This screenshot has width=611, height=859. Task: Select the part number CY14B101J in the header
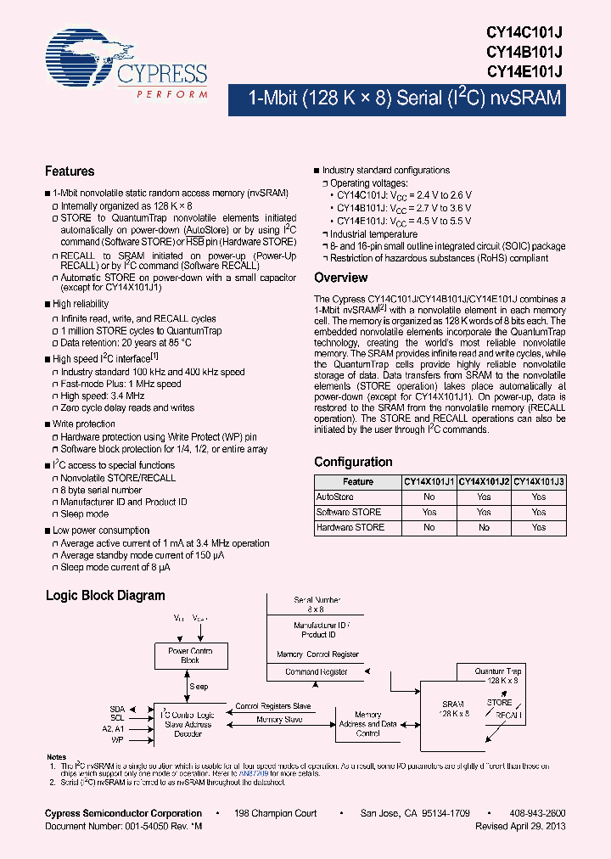[x=524, y=52]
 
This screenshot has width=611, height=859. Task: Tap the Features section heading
[x=70, y=171]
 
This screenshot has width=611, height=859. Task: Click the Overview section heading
[x=340, y=278]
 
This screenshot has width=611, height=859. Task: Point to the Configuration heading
[x=353, y=462]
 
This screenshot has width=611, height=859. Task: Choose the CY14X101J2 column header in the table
[x=484, y=481]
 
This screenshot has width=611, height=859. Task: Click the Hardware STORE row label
[x=350, y=527]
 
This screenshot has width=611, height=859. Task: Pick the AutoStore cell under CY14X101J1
[x=429, y=497]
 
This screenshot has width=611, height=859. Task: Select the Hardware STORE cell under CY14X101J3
[x=539, y=527]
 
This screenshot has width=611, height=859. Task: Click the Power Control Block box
[x=189, y=655]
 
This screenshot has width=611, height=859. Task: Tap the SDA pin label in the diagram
[x=117, y=708]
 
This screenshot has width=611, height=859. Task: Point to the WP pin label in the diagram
[x=119, y=738]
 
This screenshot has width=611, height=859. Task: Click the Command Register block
[x=317, y=671]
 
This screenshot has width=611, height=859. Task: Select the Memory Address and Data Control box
[x=367, y=724]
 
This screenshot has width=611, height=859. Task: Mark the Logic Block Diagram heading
[x=105, y=596]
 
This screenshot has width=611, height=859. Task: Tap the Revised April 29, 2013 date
[x=520, y=826]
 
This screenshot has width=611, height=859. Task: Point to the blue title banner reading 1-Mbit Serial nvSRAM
[x=404, y=98]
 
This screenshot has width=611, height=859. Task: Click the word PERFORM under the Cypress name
[x=171, y=93]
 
